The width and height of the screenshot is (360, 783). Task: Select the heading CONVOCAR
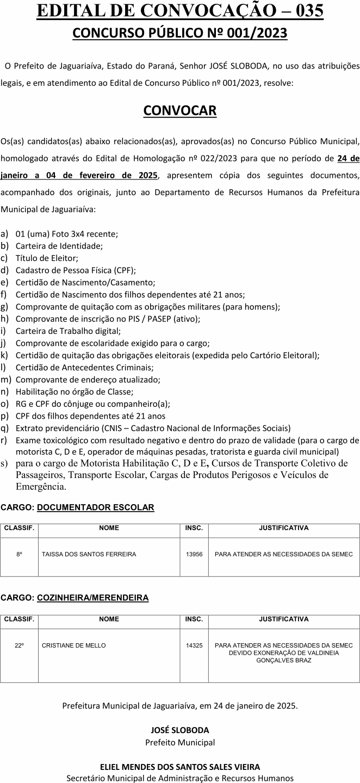[180, 110]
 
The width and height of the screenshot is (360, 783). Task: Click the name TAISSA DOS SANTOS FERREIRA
[89, 554]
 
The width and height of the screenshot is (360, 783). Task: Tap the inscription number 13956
[194, 554]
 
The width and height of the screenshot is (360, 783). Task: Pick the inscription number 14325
[194, 645]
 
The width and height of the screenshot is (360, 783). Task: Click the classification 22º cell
[20, 645]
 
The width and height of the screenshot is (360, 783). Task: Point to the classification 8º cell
[20, 554]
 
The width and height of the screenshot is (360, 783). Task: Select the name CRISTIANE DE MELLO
[74, 645]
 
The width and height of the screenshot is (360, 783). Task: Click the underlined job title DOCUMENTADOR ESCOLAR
[96, 507]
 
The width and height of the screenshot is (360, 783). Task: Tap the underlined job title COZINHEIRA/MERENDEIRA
[93, 598]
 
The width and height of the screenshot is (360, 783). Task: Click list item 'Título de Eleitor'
[47, 258]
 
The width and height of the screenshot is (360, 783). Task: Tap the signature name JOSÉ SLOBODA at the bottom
[180, 730]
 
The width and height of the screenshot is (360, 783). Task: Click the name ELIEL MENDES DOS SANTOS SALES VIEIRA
[180, 767]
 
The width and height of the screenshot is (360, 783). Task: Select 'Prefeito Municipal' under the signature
[180, 742]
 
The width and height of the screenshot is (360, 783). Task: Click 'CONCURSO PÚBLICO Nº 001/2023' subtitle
[180, 34]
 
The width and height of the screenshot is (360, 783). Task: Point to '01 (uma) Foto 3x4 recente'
[67, 234]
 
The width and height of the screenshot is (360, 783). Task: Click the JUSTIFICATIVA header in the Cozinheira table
[283, 619]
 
